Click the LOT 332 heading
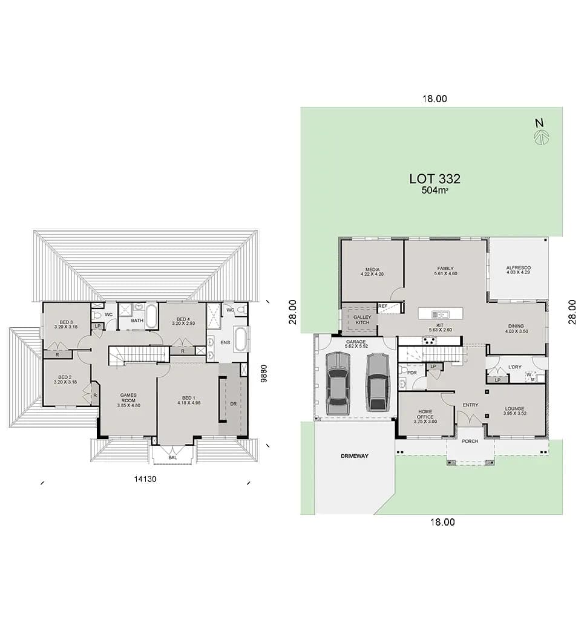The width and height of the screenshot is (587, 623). [435, 179]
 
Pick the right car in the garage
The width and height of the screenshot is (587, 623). [377, 382]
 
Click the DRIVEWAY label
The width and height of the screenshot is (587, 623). [354, 455]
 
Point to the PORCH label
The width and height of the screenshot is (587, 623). [470, 441]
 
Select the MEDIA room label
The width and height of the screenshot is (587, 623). [372, 270]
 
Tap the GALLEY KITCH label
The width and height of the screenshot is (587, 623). [362, 319]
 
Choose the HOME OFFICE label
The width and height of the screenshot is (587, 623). [425, 414]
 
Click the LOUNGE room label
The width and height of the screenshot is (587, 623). [514, 408]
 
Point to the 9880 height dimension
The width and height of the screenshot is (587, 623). [263, 370]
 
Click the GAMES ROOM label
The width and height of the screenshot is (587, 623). [128, 398]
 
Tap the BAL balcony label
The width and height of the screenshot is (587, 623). [173, 458]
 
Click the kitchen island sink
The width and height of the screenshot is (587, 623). [441, 314]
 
